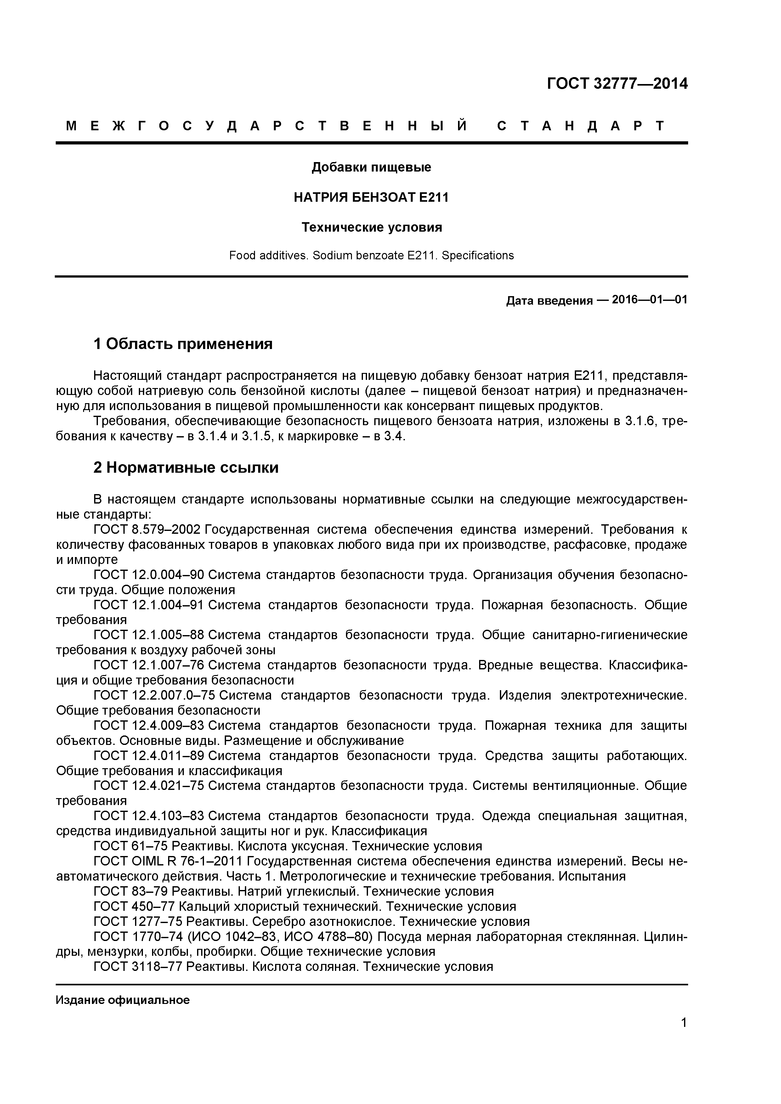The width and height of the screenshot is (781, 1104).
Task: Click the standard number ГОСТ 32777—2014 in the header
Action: tap(617, 84)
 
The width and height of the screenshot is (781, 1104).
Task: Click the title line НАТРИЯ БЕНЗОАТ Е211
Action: tap(371, 198)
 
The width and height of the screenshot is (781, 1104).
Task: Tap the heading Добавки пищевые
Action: tap(371, 167)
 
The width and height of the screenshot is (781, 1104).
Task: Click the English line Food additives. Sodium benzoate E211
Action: tap(371, 255)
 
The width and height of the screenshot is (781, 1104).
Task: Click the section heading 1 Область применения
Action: tap(183, 344)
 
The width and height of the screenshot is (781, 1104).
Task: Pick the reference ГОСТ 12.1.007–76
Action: tap(149, 666)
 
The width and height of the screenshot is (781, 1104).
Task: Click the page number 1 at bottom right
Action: tap(683, 1036)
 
